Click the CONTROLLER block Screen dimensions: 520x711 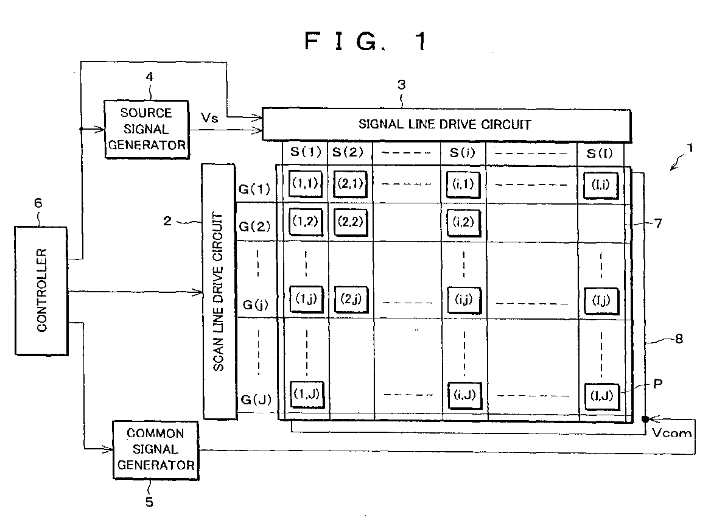coord(42,289)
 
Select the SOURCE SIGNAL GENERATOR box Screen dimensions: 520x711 coord(146,129)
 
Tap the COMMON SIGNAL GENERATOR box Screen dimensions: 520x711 coord(156,449)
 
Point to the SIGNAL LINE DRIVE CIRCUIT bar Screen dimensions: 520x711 coord(446,125)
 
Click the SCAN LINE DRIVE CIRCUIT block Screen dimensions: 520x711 coord(220,290)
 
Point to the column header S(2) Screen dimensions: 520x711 coord(350,152)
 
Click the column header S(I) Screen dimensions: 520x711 coord(600,152)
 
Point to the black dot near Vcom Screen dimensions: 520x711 coord(645,420)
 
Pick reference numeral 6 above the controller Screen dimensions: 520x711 coord(38,203)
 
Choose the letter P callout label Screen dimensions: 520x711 coord(657,384)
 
